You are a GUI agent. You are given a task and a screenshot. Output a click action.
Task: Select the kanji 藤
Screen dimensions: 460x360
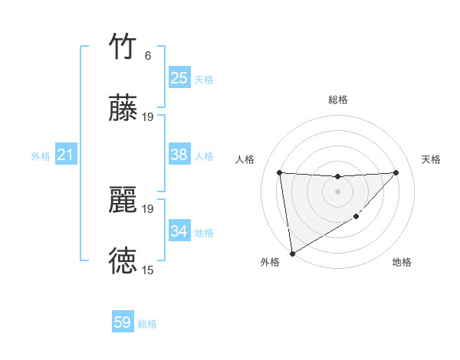pos(123,108)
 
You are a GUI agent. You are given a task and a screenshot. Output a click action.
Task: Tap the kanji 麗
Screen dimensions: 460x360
pos(123,201)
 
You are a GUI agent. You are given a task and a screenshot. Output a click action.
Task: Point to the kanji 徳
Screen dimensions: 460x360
pos(123,261)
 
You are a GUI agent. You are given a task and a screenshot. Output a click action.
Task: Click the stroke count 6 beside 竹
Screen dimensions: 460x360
pos(148,56)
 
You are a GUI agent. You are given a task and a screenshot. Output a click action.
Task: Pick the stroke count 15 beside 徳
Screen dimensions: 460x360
pos(148,270)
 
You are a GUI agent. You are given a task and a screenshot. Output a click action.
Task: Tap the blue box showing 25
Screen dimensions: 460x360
pos(179,78)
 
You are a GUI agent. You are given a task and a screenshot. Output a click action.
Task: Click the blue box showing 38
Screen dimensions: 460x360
pos(179,155)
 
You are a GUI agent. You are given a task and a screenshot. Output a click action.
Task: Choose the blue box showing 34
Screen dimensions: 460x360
pos(179,231)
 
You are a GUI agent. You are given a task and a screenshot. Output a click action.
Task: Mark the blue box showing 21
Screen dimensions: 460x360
pos(65,155)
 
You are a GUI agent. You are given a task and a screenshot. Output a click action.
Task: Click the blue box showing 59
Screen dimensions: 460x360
pos(123,322)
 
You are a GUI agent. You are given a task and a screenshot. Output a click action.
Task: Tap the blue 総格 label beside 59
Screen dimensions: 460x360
pos(147,324)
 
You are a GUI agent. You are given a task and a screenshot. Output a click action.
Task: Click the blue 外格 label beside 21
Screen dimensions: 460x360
pos(41,156)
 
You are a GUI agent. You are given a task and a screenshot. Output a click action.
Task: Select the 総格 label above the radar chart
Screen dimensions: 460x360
pos(338,100)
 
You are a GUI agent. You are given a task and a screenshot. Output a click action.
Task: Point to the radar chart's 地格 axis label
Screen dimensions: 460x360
pos(402,262)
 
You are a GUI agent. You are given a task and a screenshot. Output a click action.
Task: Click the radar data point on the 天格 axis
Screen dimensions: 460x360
pos(396,172)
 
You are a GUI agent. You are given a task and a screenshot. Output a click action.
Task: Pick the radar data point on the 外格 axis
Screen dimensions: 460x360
pos(291,254)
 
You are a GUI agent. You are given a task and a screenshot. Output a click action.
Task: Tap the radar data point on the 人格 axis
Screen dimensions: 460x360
pos(279,172)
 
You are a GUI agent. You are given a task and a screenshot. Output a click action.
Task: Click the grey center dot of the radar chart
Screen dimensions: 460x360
pos(337,191)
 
